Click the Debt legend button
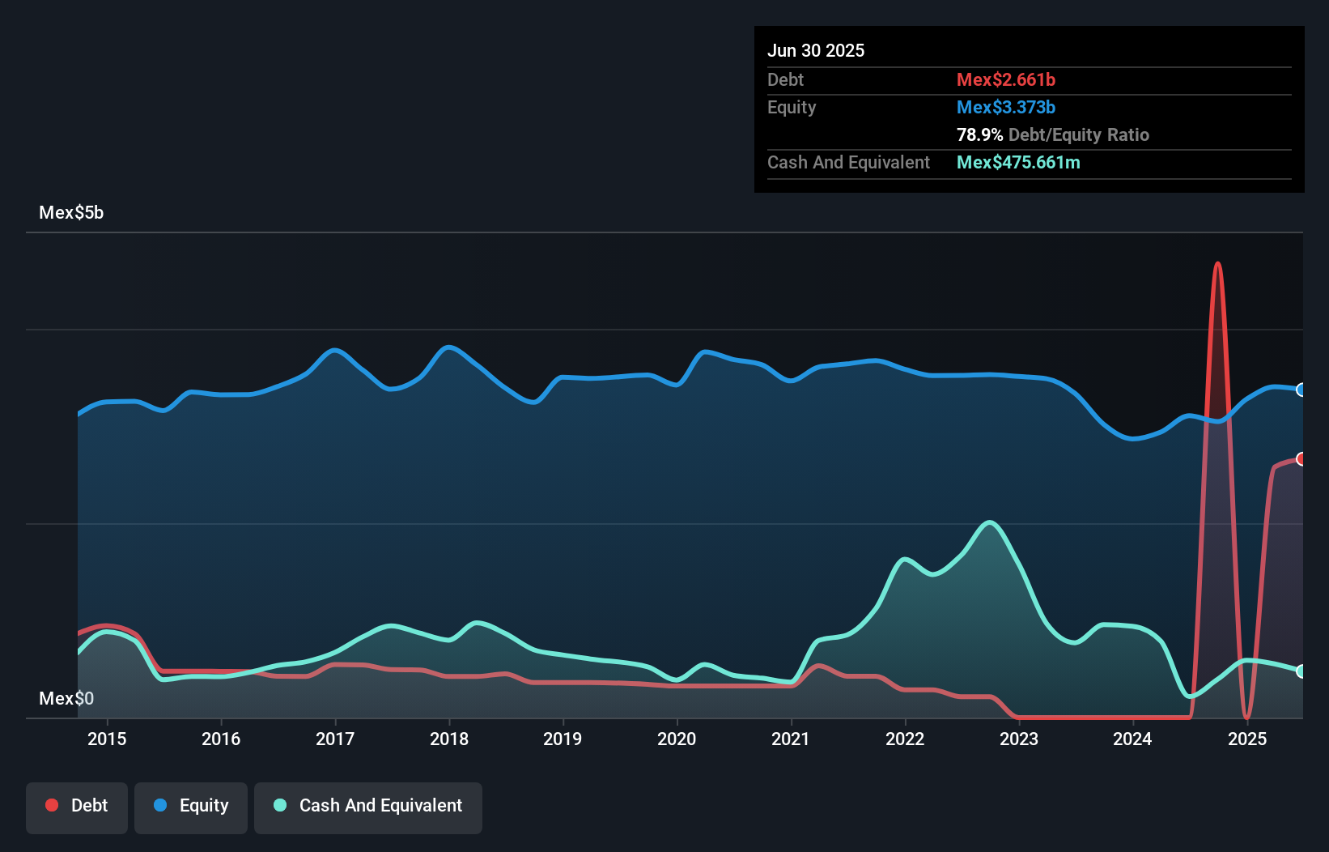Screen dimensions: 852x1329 click(x=77, y=806)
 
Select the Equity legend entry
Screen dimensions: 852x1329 click(x=191, y=806)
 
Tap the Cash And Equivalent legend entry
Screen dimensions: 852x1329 click(x=368, y=806)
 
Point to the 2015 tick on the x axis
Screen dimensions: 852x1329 click(x=107, y=739)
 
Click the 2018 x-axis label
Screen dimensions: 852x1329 click(x=449, y=739)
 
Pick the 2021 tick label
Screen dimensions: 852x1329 click(x=791, y=739)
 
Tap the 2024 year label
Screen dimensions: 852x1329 click(x=1132, y=739)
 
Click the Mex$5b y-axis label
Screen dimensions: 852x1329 click(x=71, y=213)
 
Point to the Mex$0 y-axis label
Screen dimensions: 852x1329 click(x=66, y=698)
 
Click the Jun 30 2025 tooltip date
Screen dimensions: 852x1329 click(x=816, y=51)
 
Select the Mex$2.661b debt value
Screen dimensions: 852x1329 click(x=1006, y=80)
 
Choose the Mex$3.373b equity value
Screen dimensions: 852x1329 click(x=1006, y=108)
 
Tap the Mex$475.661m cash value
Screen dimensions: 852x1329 click(x=1018, y=163)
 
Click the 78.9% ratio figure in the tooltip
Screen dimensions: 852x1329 click(x=979, y=135)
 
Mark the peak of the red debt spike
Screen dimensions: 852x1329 click(x=1217, y=264)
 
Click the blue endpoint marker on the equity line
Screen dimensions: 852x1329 click(x=1301, y=390)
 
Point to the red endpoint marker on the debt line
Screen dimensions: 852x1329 click(x=1301, y=459)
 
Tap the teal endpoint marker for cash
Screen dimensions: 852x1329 click(x=1301, y=671)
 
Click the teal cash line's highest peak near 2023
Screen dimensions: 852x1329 click(x=989, y=522)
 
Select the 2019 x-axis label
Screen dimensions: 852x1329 click(x=563, y=739)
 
